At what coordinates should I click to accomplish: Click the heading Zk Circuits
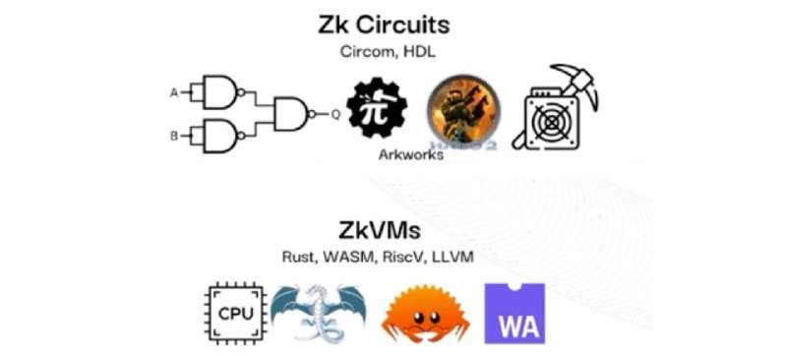point(393,24)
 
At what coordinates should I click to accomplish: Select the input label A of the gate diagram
point(174,93)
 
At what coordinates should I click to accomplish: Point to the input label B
point(174,136)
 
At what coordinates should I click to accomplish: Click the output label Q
point(335,114)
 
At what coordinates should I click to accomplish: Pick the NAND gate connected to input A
point(220,93)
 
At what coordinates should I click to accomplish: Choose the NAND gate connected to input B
point(220,136)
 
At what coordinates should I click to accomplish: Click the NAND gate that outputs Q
point(293,114)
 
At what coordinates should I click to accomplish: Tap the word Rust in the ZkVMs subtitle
point(297,259)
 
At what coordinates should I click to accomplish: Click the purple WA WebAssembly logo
point(515,312)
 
